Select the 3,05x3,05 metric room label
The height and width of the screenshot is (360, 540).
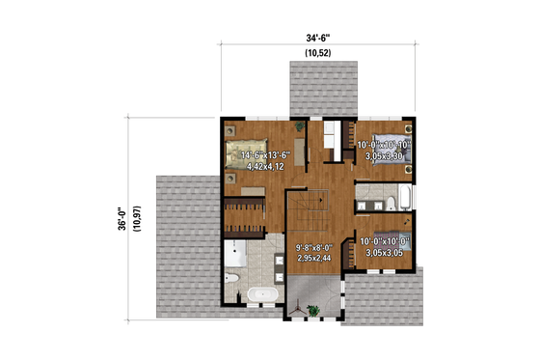(x=385, y=253)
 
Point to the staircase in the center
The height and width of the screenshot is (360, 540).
(x=311, y=209)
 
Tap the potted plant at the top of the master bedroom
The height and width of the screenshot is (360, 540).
(x=303, y=124)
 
